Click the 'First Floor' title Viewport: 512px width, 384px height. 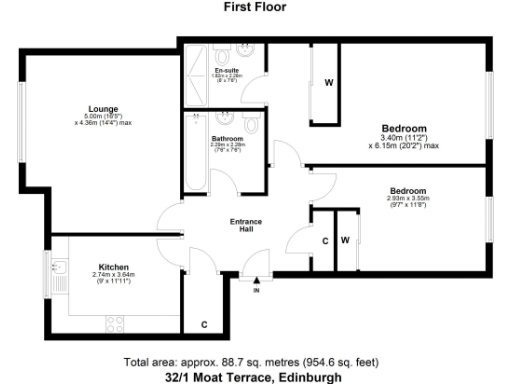(x=256, y=6)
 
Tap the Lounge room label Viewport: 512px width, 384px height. (x=102, y=108)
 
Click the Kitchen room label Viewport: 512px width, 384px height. (x=112, y=267)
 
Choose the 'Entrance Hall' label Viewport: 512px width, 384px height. (x=247, y=225)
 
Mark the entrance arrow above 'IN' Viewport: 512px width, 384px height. (x=256, y=281)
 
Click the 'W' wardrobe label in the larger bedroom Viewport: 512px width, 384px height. (x=327, y=82)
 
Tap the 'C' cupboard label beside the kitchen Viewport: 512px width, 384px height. (x=204, y=324)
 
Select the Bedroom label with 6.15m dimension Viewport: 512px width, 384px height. (x=404, y=129)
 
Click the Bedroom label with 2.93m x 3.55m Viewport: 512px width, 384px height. (x=408, y=191)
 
